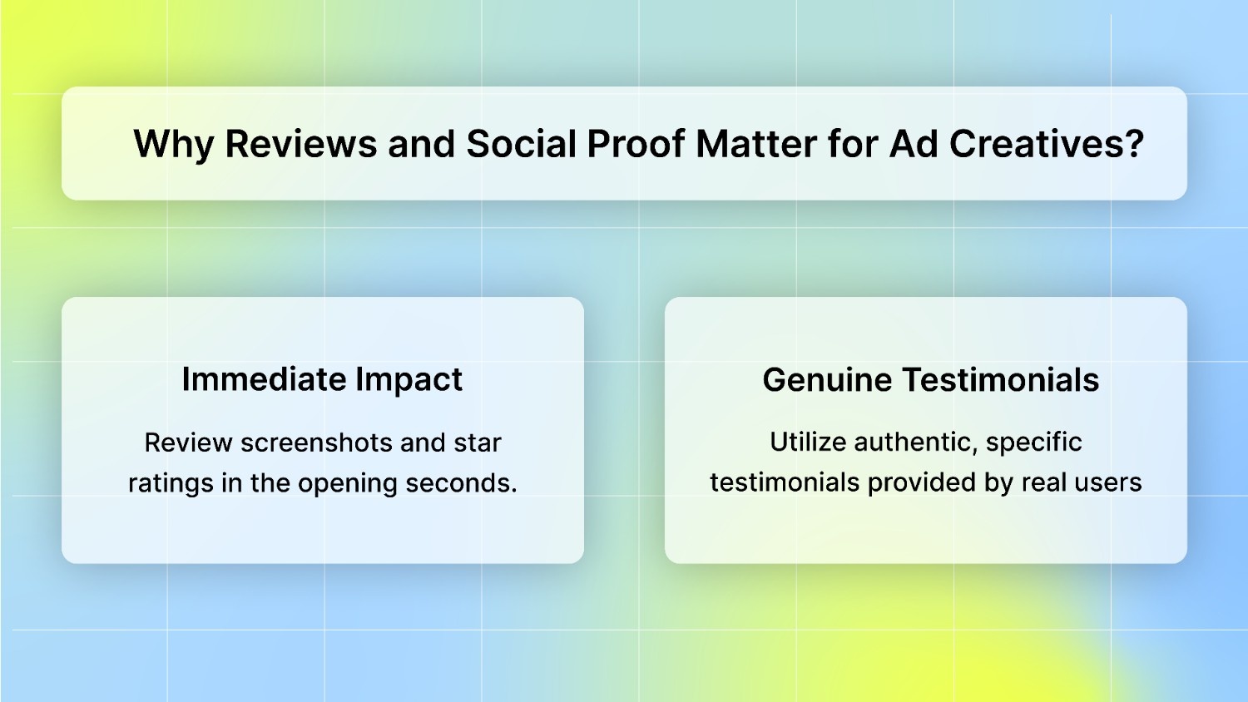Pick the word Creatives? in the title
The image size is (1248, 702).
pyautogui.click(x=1047, y=145)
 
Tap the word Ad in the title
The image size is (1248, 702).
pyautogui.click(x=914, y=145)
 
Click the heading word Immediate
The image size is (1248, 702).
pyautogui.click(x=264, y=379)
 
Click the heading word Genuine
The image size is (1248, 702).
pyautogui.click(x=827, y=380)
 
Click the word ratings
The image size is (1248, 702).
pyautogui.click(x=171, y=483)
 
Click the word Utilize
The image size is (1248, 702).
pyautogui.click(x=804, y=442)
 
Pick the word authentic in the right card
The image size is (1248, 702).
pyautogui.click(x=899, y=442)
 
